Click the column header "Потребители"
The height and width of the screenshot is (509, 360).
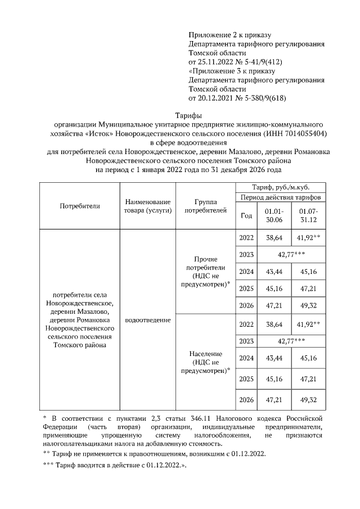pos(79,206)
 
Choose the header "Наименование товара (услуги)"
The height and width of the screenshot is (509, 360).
pos(148,206)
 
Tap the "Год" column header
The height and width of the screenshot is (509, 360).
pos(246,215)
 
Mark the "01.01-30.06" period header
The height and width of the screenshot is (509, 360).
pos(273,215)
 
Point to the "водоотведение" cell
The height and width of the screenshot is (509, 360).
pos(148,319)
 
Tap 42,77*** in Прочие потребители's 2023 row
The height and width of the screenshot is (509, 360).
pos(291,254)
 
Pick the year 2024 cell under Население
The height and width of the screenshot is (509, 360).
pos(246,358)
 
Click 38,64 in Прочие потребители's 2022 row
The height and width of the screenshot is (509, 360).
pos(273,238)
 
